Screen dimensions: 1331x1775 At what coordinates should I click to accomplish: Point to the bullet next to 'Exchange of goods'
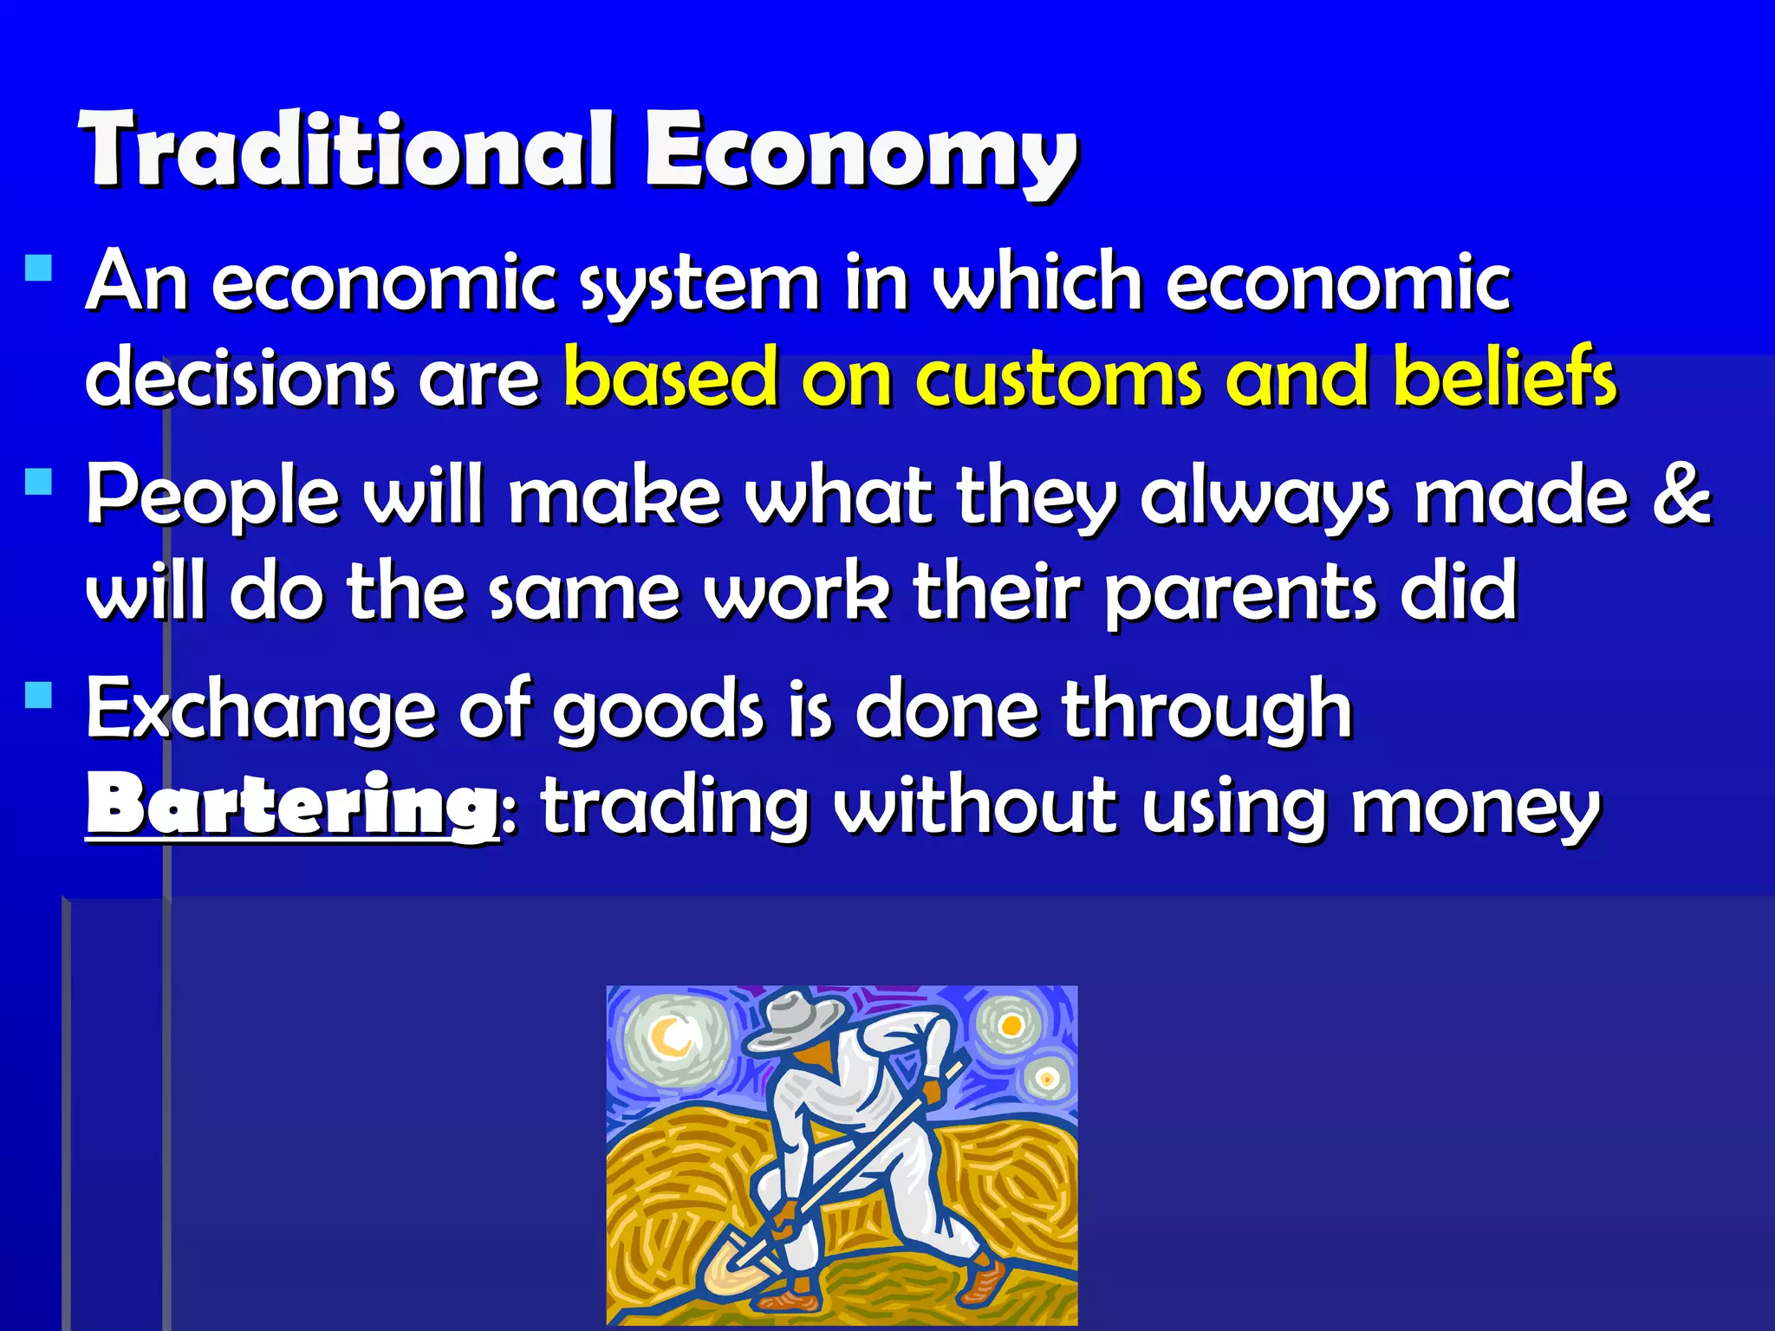coord(39,694)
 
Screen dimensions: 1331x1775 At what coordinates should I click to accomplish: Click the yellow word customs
coord(1058,378)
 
